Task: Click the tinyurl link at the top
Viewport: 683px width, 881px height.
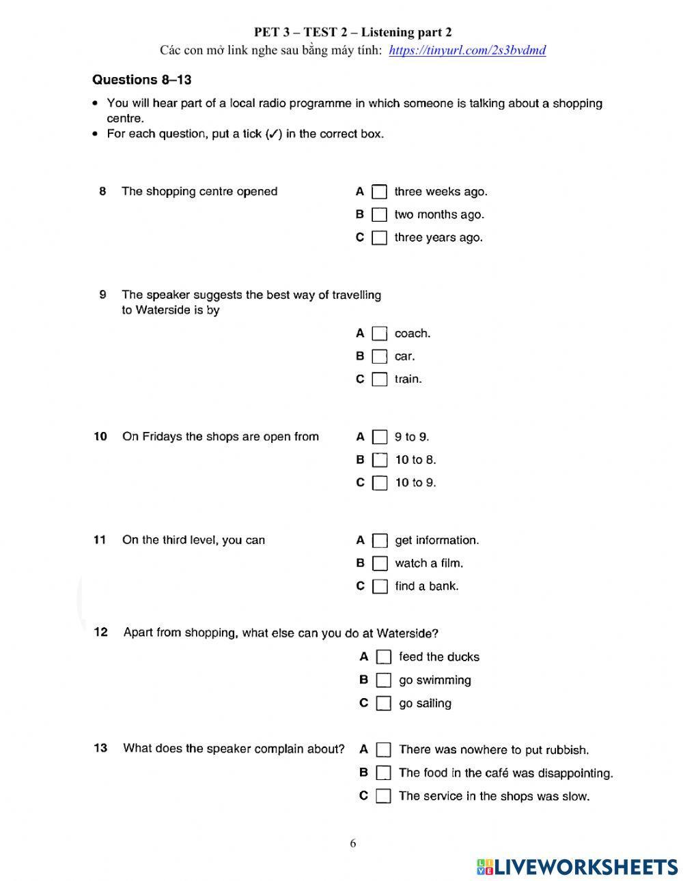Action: [x=467, y=50]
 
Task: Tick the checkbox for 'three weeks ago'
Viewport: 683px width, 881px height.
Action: [x=379, y=192]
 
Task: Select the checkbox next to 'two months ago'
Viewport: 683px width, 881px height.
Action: [x=379, y=215]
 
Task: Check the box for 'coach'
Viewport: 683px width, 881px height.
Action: [x=380, y=334]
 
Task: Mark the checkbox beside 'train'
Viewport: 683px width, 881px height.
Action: [x=380, y=379]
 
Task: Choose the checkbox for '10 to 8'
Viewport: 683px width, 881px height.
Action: [x=380, y=460]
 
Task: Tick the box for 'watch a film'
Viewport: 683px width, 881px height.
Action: [x=380, y=564]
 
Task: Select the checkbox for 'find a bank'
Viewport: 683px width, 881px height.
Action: [x=380, y=586]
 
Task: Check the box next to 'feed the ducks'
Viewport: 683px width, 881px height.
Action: [x=384, y=657]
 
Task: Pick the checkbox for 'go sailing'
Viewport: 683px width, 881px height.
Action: [x=384, y=704]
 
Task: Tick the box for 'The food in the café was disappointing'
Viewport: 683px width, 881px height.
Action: [x=384, y=773]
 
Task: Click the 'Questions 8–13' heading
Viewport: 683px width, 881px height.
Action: [x=141, y=80]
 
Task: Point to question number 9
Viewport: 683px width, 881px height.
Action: [x=102, y=295]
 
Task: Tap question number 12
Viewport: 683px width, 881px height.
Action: [x=100, y=633]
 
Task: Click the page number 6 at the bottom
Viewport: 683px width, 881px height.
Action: [x=353, y=843]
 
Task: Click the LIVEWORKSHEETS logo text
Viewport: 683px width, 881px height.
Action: [x=585, y=867]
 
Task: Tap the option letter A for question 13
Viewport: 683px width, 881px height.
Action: [x=363, y=749]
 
